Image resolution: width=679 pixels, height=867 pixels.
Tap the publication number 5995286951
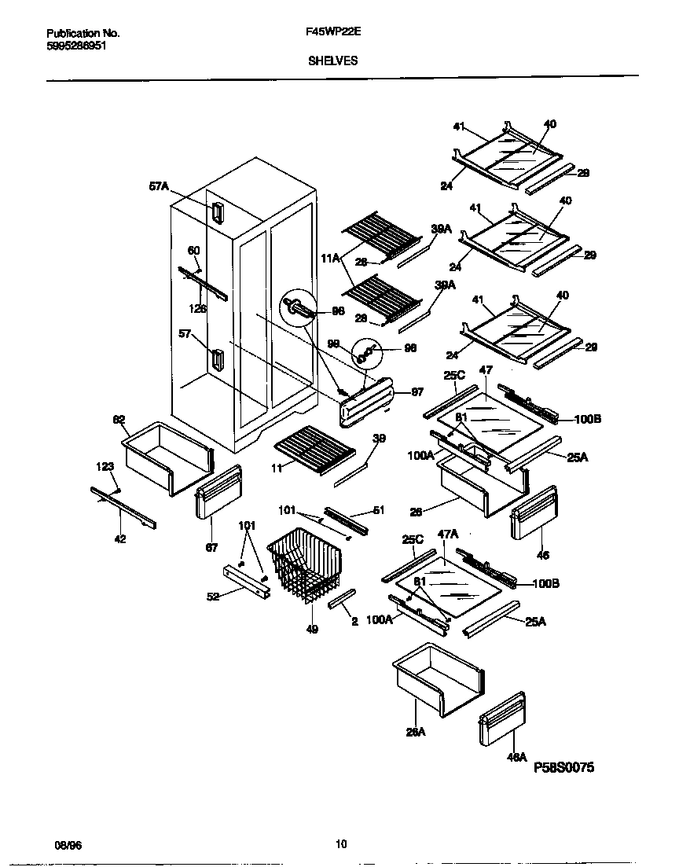77,46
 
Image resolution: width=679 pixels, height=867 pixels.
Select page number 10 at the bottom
340,844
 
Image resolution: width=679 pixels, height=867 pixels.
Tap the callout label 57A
159,186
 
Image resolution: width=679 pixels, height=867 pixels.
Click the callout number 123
105,467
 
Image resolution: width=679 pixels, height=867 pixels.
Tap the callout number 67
211,548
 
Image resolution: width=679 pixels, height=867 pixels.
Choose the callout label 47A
447,534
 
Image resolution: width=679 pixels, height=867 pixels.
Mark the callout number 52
212,597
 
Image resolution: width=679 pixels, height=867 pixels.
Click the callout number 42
119,539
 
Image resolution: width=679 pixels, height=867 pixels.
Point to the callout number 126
199,309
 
